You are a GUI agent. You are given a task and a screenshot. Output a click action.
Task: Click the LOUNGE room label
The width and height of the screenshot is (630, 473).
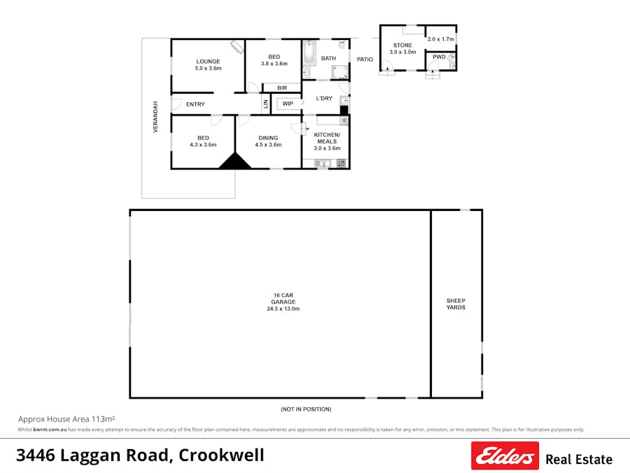208,64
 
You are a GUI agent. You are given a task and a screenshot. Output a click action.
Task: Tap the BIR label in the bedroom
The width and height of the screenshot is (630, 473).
281,88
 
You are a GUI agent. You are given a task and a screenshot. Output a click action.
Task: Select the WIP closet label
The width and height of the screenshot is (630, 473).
288,104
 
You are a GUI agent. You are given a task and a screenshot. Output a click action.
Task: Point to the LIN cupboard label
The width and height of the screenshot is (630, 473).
265,104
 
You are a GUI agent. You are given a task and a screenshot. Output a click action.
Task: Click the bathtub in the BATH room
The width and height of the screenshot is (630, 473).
309,53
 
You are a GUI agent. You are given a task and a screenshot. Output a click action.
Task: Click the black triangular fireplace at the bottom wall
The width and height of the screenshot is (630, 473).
235,162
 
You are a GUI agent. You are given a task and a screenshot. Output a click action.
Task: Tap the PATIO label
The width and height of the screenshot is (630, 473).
365,60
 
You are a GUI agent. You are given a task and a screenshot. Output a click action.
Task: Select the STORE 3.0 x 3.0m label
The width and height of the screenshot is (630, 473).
402,48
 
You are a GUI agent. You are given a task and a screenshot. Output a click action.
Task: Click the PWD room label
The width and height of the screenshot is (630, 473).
439,57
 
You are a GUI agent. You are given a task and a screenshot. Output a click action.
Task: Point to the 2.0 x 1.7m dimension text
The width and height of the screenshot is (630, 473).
441,39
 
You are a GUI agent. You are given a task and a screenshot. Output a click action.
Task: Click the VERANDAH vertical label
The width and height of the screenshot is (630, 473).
156,117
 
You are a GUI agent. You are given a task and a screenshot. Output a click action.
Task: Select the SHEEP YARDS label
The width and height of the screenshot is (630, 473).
456,303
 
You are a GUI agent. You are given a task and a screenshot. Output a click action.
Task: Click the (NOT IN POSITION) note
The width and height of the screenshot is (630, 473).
306,409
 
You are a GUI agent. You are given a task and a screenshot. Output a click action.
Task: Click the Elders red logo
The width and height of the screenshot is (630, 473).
505,455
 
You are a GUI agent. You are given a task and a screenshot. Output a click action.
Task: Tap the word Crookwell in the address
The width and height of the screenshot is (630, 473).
221,455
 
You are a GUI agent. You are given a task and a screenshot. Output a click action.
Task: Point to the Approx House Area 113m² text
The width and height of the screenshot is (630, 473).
66,418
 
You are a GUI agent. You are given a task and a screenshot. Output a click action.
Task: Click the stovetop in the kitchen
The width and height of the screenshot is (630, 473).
342,163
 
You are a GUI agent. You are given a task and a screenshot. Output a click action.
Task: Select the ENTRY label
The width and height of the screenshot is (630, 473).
195,104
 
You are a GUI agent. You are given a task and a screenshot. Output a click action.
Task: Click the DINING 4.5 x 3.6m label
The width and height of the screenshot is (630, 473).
268,141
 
